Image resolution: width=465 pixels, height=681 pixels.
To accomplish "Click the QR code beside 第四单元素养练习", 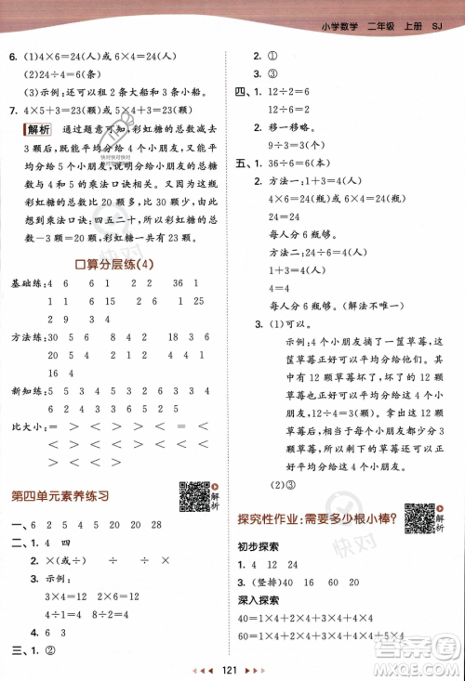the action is click(x=193, y=496).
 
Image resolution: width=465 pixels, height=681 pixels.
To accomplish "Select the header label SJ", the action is click(x=447, y=14).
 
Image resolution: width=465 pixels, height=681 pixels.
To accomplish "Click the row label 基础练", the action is click(x=25, y=283).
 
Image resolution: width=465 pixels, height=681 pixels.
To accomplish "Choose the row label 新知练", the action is click(x=25, y=390).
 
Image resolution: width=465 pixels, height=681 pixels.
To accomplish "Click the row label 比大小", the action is click(x=25, y=426).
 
